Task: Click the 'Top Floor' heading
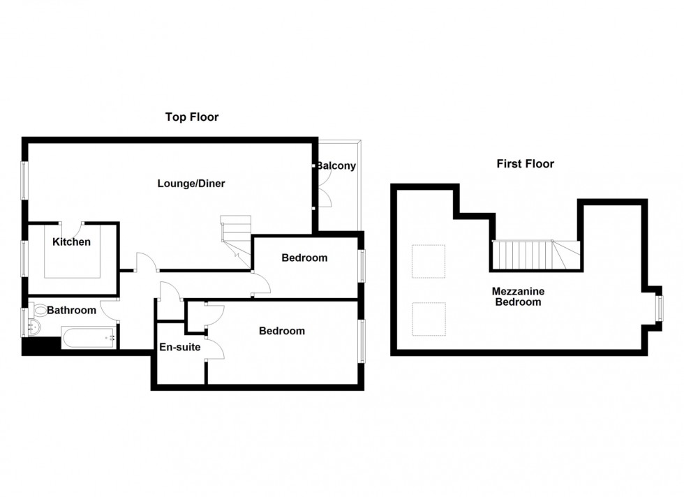pos(191,117)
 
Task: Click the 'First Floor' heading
pos(525,164)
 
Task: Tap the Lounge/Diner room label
pos(191,184)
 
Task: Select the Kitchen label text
pos(71,242)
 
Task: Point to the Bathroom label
pos(72,310)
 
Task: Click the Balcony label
pos(337,166)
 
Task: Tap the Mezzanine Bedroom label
pos(518,297)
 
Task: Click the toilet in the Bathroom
pos(39,311)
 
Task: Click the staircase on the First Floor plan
pos(535,255)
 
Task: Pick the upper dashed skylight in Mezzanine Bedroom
pos(429,261)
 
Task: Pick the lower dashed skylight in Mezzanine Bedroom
pos(429,318)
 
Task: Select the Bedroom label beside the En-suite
pos(281,331)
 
